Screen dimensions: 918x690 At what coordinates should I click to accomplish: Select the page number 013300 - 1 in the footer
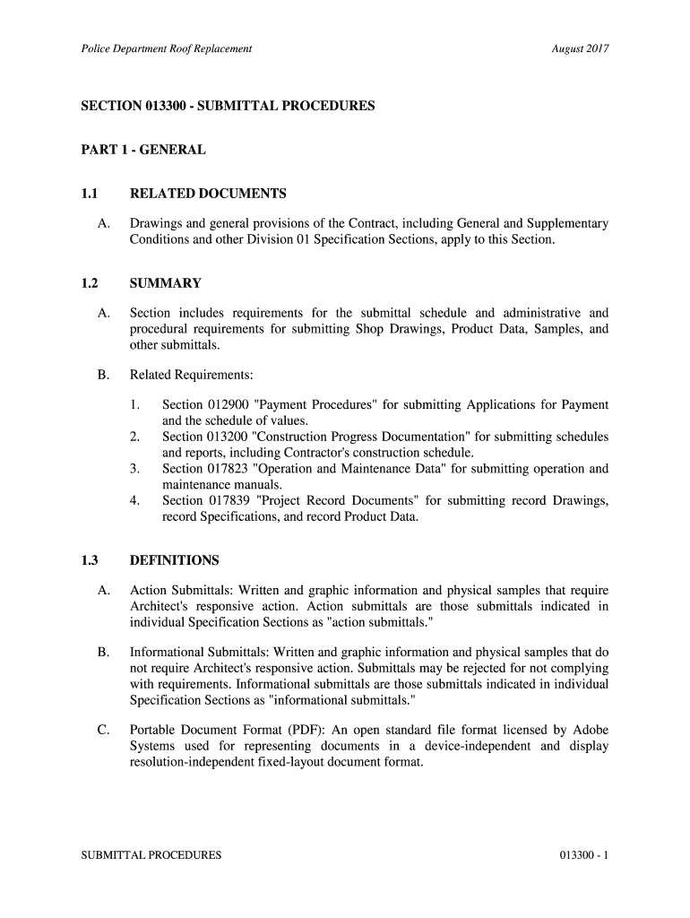tap(582, 855)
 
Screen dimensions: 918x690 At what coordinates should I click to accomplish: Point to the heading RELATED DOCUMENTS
tap(208, 194)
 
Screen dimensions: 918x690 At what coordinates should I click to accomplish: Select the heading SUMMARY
tap(166, 283)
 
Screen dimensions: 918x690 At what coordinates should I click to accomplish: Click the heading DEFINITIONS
tap(175, 560)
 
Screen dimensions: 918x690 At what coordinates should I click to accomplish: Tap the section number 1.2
tap(89, 283)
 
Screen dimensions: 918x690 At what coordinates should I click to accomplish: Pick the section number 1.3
tap(89, 560)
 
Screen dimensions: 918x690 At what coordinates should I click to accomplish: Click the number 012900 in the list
tap(230, 405)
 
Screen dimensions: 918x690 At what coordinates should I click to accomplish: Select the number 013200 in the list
tap(230, 437)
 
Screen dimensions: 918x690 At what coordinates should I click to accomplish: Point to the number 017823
tap(230, 468)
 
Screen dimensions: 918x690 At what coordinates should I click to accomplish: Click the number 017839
tap(230, 500)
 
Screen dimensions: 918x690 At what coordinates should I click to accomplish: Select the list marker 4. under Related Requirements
tap(134, 500)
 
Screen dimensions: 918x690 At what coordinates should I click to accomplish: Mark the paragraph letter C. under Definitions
tap(104, 730)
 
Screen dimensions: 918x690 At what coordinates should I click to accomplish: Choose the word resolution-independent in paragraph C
tap(202, 763)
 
